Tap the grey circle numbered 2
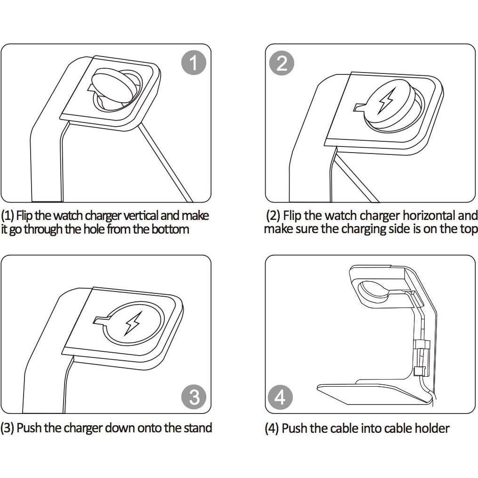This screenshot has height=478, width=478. pyautogui.click(x=282, y=64)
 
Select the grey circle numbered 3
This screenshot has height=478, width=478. pyautogui.click(x=194, y=397)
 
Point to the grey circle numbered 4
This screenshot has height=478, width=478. pyautogui.click(x=280, y=397)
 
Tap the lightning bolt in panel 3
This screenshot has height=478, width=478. pyautogui.click(x=132, y=324)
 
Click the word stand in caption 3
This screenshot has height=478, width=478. pyautogui.click(x=198, y=428)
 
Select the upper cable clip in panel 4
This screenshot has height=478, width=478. pyautogui.click(x=422, y=344)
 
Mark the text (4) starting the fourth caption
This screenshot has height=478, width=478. pyautogui.click(x=272, y=428)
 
